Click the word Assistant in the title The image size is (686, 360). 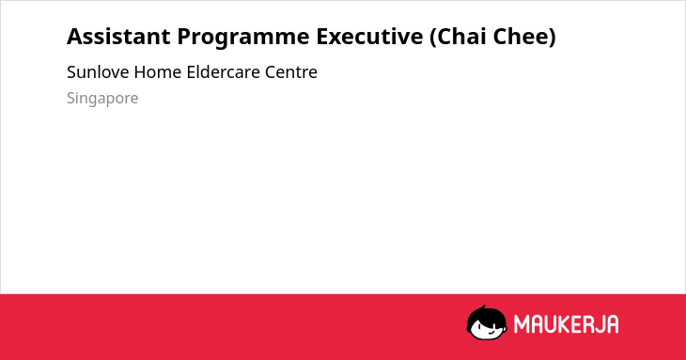pyautogui.click(x=118, y=37)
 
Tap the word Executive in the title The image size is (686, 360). pyautogui.click(x=369, y=37)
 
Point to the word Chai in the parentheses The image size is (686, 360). pyautogui.click(x=458, y=37)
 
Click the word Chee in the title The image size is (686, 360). pyautogui.click(x=524, y=37)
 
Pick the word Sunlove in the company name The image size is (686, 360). pyautogui.click(x=98, y=71)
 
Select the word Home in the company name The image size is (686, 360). pyautogui.click(x=158, y=71)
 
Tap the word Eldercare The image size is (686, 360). pyautogui.click(x=223, y=71)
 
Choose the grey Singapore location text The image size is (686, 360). pyautogui.click(x=102, y=99)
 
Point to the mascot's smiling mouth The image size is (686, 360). pyautogui.click(x=491, y=333)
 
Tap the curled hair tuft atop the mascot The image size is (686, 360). pyautogui.click(x=483, y=307)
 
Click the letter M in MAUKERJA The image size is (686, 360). pyautogui.click(x=522, y=324)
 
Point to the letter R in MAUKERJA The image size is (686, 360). pyautogui.click(x=585, y=324)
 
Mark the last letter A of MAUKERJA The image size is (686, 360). pyautogui.click(x=612, y=324)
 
